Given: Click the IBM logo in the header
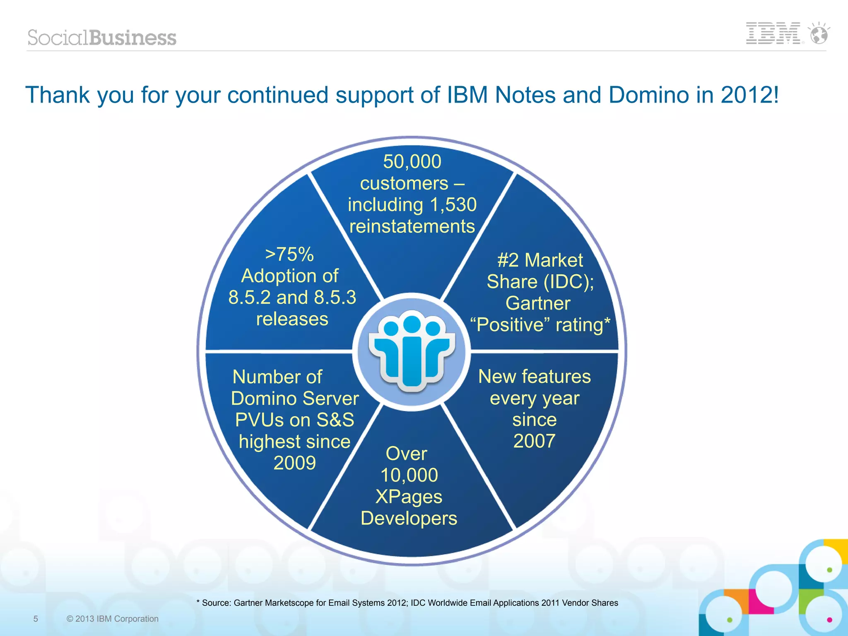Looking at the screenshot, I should coord(773,34).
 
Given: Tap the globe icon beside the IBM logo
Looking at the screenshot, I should coord(819,34).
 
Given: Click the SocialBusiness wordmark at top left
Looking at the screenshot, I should coord(102,38).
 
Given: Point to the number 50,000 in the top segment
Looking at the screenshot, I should coord(412,161).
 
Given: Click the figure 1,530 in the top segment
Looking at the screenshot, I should coord(453,205).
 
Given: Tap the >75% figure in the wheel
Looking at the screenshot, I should coord(289,254).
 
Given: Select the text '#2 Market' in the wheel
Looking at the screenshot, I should coord(540,260).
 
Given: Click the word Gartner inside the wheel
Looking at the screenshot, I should coord(538,303).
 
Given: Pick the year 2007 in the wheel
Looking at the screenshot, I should coord(534,441).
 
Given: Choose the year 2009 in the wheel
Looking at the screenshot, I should coord(294,463).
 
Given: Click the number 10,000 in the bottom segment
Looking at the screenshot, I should coord(409,475).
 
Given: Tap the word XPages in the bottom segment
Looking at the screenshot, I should coord(409,497).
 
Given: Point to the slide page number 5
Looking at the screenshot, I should coord(36,619).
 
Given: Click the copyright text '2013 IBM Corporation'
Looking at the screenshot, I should coord(117,619).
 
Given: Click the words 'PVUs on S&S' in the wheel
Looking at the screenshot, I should coord(294,420).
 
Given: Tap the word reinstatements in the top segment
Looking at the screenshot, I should coord(412,226).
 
